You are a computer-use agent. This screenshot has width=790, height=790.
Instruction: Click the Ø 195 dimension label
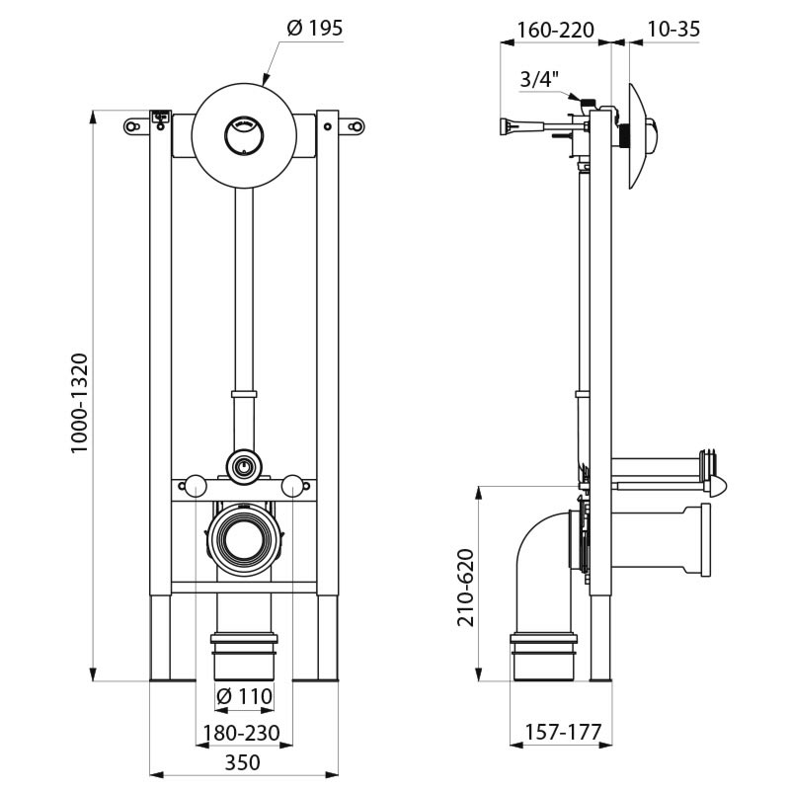click(x=315, y=29)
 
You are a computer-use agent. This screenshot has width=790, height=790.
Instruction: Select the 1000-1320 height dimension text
click(x=80, y=403)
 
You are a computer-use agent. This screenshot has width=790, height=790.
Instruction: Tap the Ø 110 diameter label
click(x=243, y=697)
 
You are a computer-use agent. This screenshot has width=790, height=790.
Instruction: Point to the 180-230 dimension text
click(x=243, y=734)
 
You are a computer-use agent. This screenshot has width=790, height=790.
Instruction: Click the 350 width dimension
click(x=243, y=762)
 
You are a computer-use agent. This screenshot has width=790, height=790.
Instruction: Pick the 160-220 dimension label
click(x=555, y=30)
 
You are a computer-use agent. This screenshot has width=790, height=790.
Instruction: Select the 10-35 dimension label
click(x=673, y=30)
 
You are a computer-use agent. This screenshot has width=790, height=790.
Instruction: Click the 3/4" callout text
click(x=538, y=79)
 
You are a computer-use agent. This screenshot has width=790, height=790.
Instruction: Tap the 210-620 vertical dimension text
click(x=466, y=587)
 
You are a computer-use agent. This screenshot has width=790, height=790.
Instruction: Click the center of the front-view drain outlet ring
click(x=243, y=539)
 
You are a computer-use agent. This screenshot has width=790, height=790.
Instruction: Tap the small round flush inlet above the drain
click(x=243, y=464)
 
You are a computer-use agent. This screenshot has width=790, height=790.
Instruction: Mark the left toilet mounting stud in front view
click(x=196, y=486)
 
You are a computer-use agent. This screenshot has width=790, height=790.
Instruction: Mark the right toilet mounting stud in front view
click(x=291, y=486)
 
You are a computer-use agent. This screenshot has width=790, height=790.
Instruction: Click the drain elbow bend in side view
click(x=538, y=553)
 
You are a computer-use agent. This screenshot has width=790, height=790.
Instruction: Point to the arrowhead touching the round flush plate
click(x=264, y=80)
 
